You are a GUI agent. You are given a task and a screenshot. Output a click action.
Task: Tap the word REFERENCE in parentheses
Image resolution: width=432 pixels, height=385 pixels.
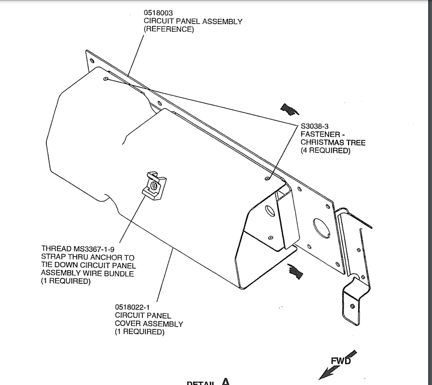(168, 29)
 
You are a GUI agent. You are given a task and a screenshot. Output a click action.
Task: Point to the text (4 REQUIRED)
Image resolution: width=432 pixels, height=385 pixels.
(325, 151)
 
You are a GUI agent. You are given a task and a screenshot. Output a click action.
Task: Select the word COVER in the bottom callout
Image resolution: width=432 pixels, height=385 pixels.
(128, 324)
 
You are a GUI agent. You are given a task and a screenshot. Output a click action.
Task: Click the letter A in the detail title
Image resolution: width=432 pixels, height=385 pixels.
(226, 382)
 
